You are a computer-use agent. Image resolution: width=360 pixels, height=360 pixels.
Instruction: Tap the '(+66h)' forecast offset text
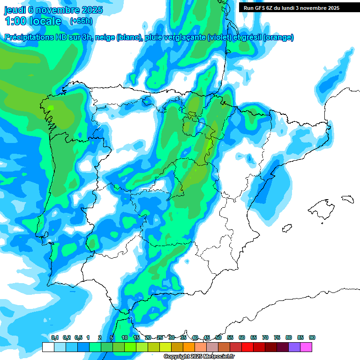click(x=81, y=21)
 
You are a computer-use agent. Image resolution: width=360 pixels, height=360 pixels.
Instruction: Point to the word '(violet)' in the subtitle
click(x=220, y=37)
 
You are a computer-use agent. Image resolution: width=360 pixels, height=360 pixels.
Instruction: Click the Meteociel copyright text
click(x=198, y=357)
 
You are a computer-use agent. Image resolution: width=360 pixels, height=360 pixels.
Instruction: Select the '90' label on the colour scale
click(x=312, y=337)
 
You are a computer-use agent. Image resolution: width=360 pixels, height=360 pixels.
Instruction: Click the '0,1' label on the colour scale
click(x=55, y=337)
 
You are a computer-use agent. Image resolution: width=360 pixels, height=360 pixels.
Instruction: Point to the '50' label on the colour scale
click(x=218, y=337)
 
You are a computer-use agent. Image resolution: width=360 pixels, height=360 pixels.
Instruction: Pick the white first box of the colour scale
click(x=48, y=347)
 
